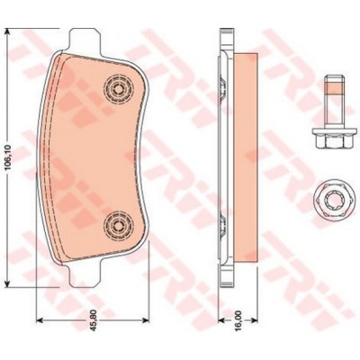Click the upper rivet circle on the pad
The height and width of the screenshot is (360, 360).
point(117,87)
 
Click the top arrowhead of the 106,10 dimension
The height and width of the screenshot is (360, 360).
point(10,31)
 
